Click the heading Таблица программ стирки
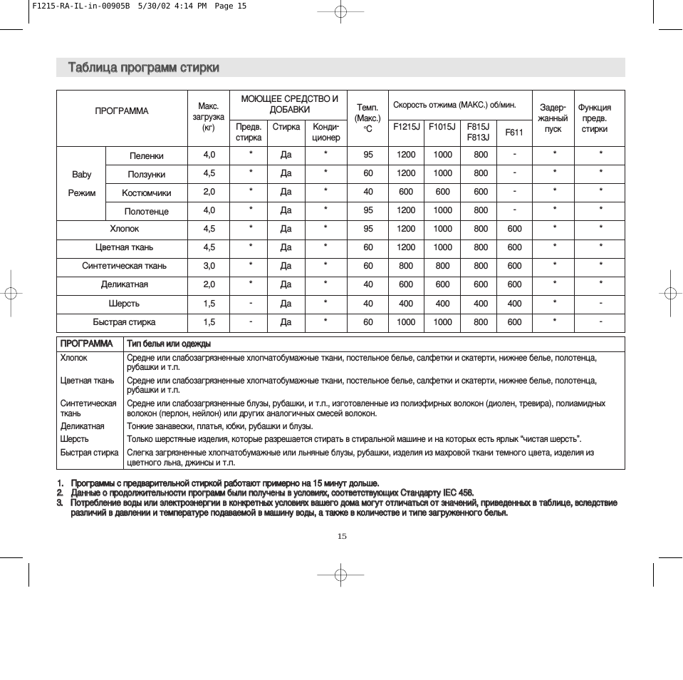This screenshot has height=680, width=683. click(x=144, y=68)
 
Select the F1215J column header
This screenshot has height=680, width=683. click(x=406, y=127)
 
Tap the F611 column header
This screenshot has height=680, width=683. click(x=514, y=132)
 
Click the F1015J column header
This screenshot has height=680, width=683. click(x=442, y=127)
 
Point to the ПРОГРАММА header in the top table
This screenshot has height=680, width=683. click(x=122, y=111)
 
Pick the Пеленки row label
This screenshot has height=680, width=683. click(x=146, y=155)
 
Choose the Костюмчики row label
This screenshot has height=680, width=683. click(x=146, y=192)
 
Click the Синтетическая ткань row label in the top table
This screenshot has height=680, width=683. click(x=124, y=266)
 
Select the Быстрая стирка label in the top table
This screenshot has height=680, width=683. click(x=124, y=322)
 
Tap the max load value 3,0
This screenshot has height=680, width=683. click(x=209, y=266)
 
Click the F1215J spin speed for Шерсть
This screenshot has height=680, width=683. click(x=406, y=304)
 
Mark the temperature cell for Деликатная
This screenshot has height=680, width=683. click(x=367, y=284)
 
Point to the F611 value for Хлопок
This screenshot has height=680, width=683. click(x=514, y=229)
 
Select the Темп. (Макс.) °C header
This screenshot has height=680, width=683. click(x=367, y=118)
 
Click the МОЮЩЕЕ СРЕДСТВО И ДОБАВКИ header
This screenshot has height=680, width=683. click(x=289, y=104)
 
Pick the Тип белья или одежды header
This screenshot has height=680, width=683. click(x=169, y=344)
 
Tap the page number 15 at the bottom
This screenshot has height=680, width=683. click(x=342, y=536)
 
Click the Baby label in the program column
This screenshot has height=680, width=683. click(x=82, y=174)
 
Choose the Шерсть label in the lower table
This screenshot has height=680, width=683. click(x=75, y=439)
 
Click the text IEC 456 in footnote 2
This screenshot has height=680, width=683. click(x=457, y=493)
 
